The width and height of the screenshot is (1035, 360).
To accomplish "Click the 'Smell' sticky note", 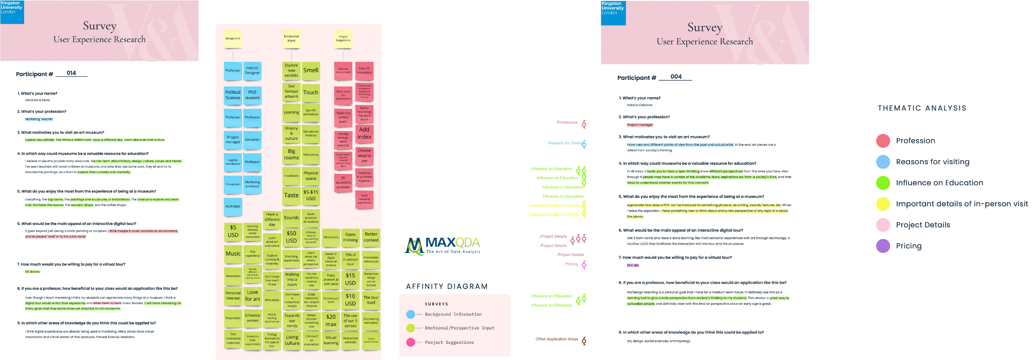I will click(x=310, y=70).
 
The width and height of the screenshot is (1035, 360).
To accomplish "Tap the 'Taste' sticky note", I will click(x=291, y=195).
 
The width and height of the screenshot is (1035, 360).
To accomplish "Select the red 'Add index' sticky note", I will click(x=364, y=133).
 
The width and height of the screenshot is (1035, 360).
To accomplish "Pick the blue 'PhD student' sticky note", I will click(x=252, y=95).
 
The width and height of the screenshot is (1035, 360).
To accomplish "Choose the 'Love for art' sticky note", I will click(x=252, y=296).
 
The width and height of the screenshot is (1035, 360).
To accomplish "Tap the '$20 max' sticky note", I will click(x=331, y=320).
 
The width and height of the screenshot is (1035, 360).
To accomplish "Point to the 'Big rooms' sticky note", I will click(x=291, y=154).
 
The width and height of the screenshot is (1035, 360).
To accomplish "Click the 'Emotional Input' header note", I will click(x=291, y=39).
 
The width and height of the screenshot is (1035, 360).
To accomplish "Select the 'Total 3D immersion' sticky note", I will click(x=364, y=70).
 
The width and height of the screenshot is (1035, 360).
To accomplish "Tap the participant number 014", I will click(x=71, y=73).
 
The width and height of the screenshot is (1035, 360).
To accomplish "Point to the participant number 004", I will click(x=676, y=77).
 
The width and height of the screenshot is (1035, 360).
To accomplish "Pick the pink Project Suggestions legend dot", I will click(x=410, y=342).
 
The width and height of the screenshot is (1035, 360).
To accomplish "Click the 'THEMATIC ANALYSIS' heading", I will click(x=922, y=108).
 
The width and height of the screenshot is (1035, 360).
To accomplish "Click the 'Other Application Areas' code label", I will click(x=557, y=339).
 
